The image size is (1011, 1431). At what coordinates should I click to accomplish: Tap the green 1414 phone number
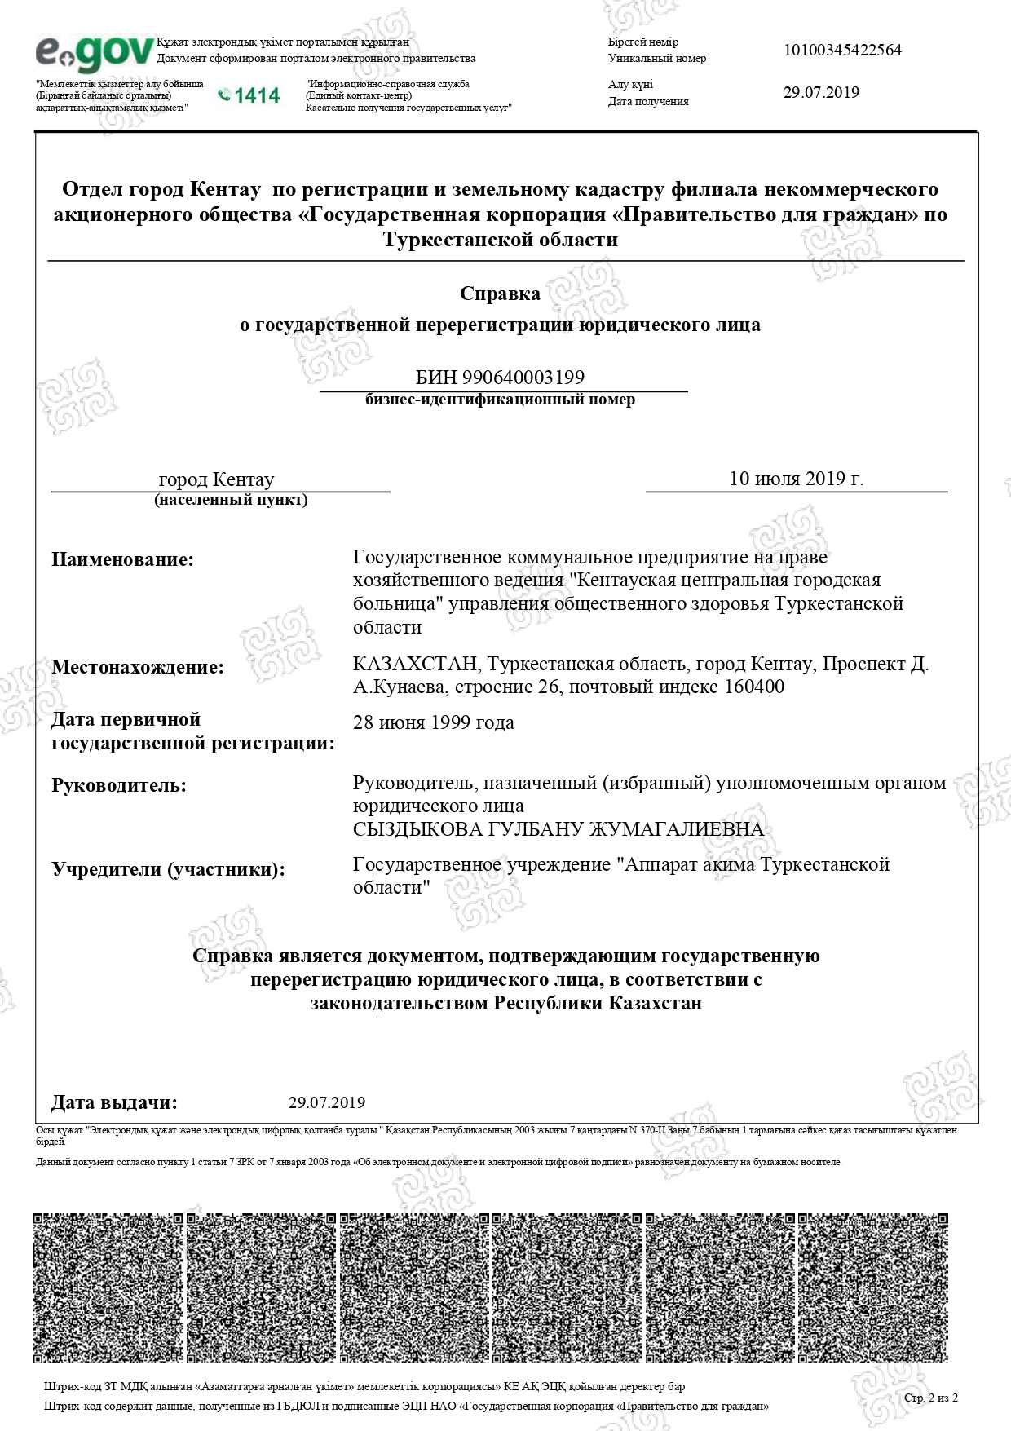tap(249, 96)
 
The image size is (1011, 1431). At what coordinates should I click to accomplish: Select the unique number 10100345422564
tap(842, 51)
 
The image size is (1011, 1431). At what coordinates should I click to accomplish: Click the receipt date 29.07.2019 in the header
tap(821, 92)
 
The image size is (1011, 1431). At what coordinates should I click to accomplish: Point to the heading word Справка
tap(500, 294)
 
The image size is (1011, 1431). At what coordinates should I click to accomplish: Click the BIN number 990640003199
tap(523, 378)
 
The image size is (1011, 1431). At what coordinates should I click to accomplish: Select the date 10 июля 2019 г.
tap(796, 479)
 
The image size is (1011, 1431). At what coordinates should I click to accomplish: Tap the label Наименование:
tap(123, 560)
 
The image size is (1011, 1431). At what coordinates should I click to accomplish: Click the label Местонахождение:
tap(138, 667)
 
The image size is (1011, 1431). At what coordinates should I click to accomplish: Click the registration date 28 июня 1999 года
tap(433, 723)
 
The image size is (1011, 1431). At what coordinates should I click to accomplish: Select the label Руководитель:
tap(119, 786)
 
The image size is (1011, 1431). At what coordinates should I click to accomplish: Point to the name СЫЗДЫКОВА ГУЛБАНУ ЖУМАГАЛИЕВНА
tap(558, 830)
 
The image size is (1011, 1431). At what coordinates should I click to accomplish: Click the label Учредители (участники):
tap(169, 869)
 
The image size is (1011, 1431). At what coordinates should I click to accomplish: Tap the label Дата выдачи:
tap(114, 1103)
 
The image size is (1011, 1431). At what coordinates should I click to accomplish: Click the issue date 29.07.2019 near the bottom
tap(327, 1103)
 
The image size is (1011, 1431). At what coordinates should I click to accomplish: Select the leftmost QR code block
tap(108, 1288)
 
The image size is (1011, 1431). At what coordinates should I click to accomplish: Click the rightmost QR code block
tap(873, 1288)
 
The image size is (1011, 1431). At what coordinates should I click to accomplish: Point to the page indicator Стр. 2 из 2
tap(931, 1398)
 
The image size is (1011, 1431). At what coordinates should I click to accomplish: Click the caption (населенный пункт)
tap(231, 500)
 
